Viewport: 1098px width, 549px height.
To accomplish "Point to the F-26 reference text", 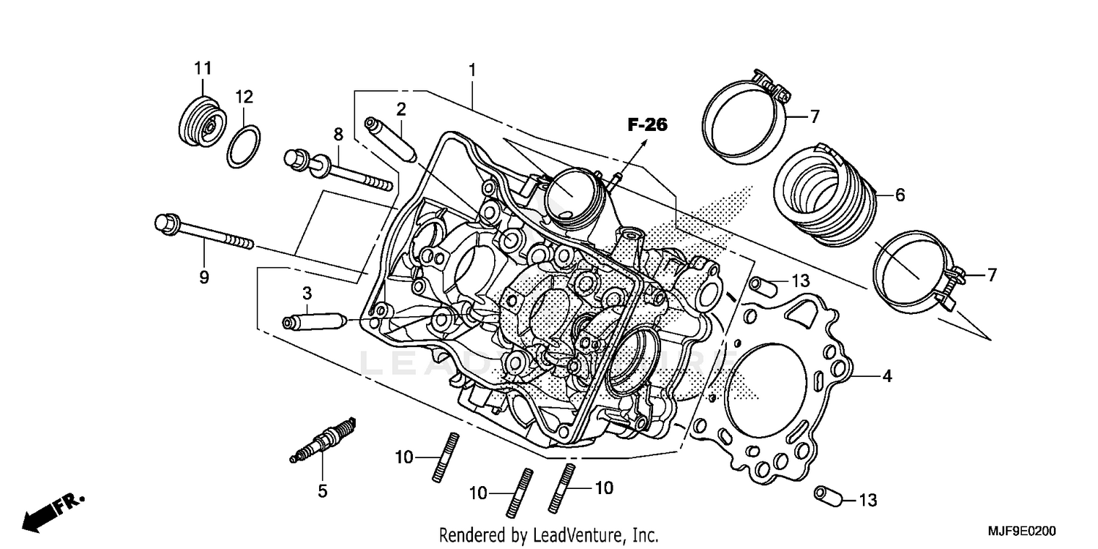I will [647, 125].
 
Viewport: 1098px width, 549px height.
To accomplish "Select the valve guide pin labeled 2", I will [392, 138].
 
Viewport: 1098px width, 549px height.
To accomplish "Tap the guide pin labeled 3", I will [314, 322].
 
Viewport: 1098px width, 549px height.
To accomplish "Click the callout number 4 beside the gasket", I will [886, 377].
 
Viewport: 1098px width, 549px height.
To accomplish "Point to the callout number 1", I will [473, 70].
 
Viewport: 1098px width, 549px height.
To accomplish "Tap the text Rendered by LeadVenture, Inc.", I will [549, 534].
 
